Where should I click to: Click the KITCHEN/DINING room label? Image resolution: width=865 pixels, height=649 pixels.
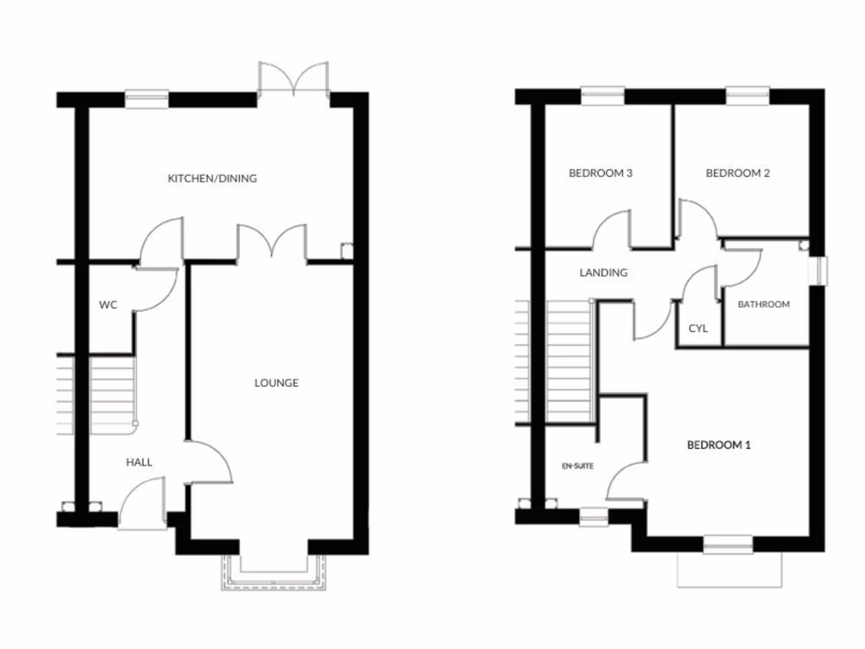pos(212,178)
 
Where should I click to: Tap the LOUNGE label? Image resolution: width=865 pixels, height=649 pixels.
pos(276,383)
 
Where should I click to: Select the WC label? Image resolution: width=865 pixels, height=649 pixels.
pos(107,304)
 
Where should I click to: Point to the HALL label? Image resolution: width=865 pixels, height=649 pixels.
pos(139,462)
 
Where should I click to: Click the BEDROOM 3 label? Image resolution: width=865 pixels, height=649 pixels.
pos(601,173)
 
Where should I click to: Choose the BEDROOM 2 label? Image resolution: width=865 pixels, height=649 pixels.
pos(737,173)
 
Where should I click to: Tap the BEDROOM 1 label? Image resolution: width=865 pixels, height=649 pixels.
pos(718,444)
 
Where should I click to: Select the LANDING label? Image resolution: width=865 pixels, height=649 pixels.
pos(603,273)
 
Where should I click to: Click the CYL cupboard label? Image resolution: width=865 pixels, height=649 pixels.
pos(698,328)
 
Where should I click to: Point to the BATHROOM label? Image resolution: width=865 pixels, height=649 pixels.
pos(764,304)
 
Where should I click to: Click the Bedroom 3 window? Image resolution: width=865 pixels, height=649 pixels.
pos(602,96)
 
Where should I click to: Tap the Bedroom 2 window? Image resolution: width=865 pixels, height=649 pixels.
pos(748,96)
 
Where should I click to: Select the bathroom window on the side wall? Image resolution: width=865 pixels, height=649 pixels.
pos(817,269)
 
